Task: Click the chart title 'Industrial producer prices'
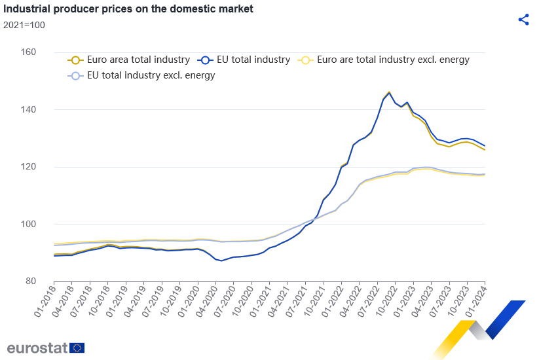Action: click(128, 10)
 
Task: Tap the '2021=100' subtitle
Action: click(24, 25)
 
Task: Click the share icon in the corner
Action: click(523, 19)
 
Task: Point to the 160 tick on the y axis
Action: click(45, 52)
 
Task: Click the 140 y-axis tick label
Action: click(45, 109)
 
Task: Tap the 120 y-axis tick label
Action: click(45, 167)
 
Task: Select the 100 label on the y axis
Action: click(45, 224)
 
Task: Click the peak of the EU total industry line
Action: click(389, 93)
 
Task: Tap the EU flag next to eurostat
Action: click(77, 348)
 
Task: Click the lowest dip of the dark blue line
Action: click(221, 261)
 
